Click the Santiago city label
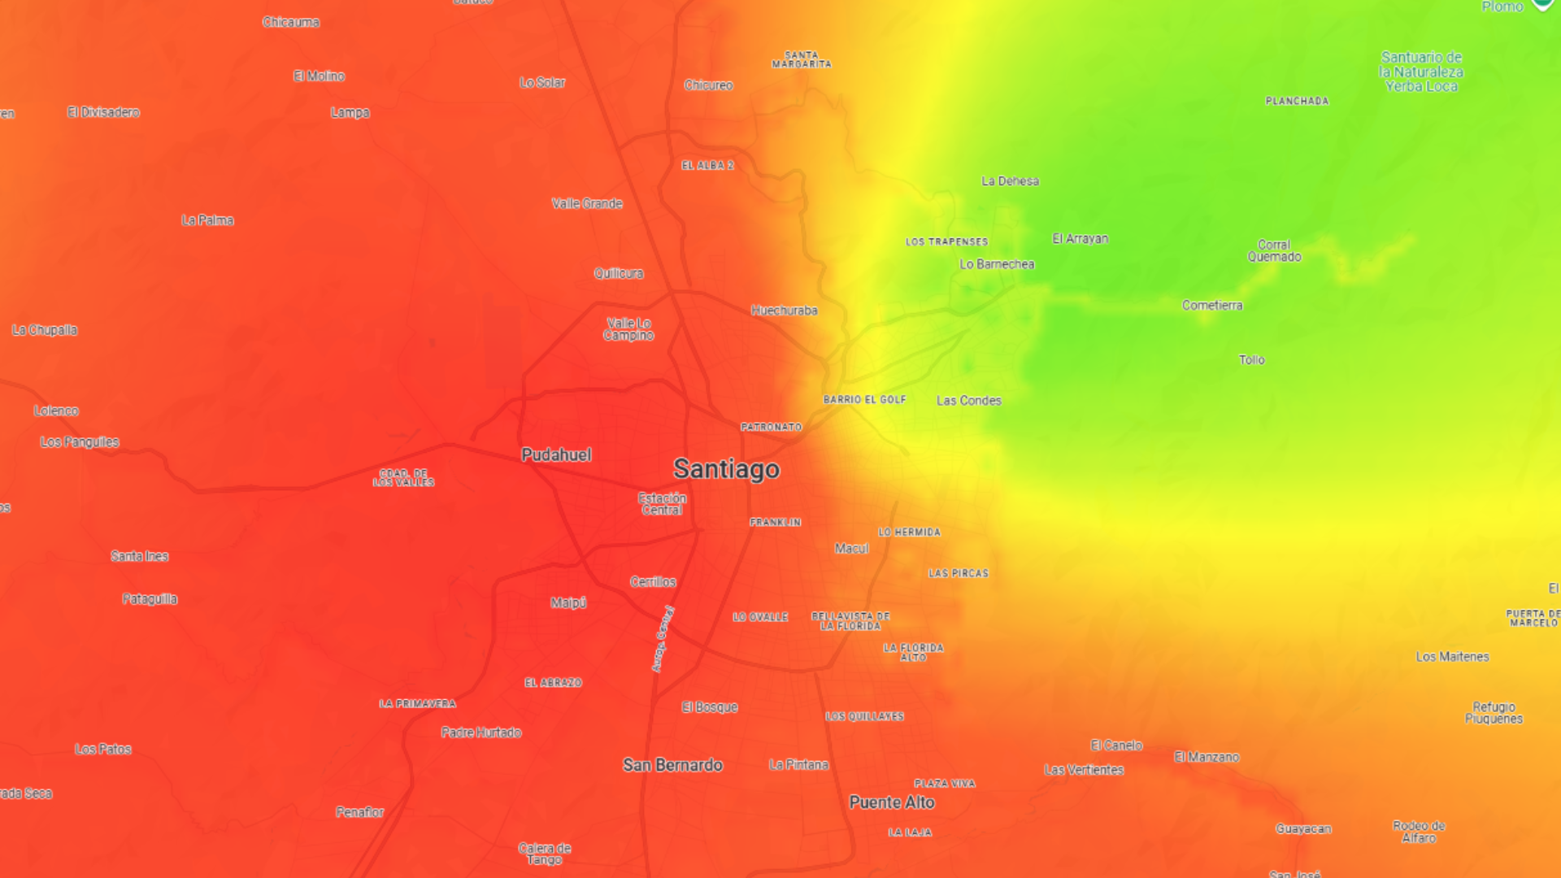point(726,469)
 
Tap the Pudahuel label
point(556,455)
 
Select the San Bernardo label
point(672,765)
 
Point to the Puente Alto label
point(892,802)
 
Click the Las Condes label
point(968,401)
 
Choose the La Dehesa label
point(1010,181)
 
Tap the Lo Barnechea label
point(997,264)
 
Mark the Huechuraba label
point(784,311)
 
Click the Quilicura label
point(619,274)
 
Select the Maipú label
point(568,602)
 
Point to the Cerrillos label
point(653,582)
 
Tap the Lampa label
point(350,113)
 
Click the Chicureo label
point(708,85)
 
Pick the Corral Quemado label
point(1274,250)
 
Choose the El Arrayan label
point(1080,239)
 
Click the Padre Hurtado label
point(481,732)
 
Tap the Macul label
point(851,549)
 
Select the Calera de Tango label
point(545,854)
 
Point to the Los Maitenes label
point(1452,657)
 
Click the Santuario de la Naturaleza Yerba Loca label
point(1421,72)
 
